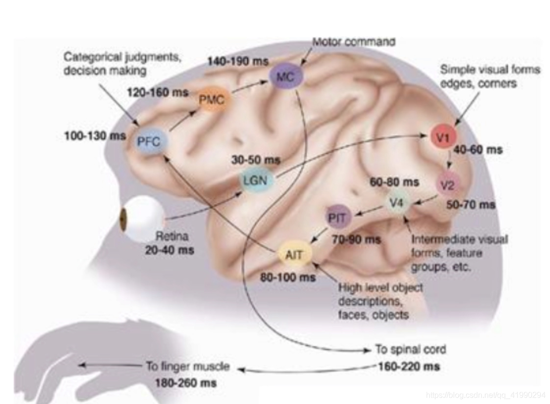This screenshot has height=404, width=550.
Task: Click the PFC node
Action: (x=151, y=142)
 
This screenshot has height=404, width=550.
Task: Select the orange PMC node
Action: (x=212, y=101)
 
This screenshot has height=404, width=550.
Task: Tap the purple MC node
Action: (x=286, y=77)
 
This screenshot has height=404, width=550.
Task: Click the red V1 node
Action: (x=443, y=138)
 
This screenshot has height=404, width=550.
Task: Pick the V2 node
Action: (x=447, y=185)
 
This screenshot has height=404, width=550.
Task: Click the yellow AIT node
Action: (x=294, y=254)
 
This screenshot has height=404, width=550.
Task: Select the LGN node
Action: (x=255, y=180)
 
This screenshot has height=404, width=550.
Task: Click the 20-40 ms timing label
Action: (x=170, y=250)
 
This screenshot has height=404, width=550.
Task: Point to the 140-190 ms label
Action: (x=237, y=61)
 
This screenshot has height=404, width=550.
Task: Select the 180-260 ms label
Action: (x=185, y=382)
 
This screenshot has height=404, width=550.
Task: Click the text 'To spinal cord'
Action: (x=411, y=350)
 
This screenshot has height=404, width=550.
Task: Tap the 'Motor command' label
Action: (x=354, y=42)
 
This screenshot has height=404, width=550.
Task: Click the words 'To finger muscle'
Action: (x=188, y=366)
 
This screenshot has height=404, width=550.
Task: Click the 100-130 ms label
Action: (x=95, y=136)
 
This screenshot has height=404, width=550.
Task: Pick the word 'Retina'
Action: (x=172, y=236)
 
